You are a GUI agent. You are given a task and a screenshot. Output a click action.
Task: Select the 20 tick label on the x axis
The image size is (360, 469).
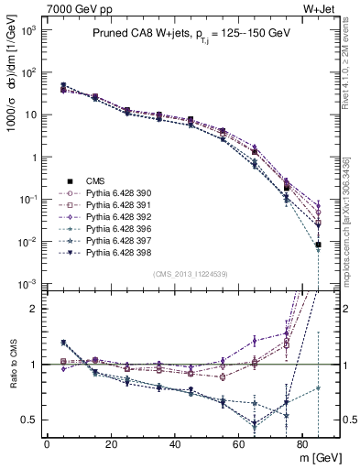111,443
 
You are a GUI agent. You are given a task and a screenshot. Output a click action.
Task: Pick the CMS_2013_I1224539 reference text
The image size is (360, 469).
191,274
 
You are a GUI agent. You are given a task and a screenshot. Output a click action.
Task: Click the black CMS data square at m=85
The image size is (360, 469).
318,245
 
